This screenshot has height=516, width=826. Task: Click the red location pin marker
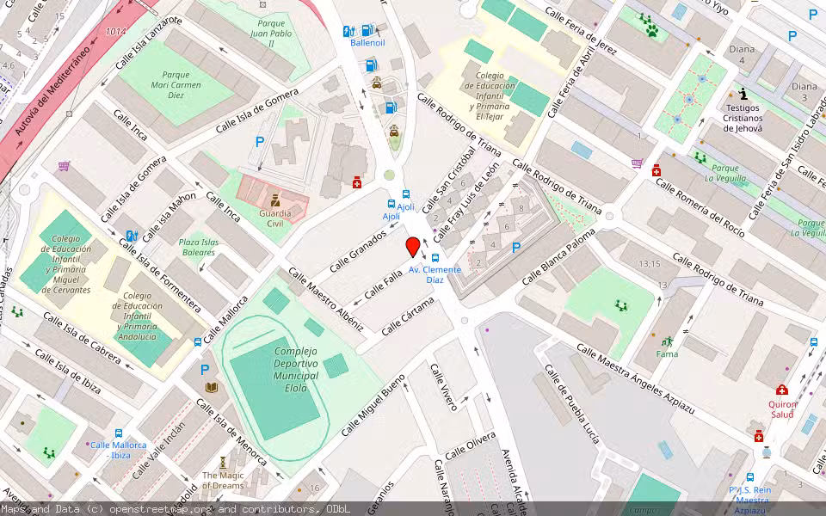(413, 247)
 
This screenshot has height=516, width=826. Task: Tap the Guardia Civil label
(275, 218)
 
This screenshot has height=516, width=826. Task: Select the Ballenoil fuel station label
(367, 42)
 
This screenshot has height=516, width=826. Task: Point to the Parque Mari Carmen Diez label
(176, 85)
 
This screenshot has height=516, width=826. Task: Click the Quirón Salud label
(782, 408)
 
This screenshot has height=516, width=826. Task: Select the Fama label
(667, 353)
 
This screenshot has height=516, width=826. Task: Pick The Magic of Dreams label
(223, 481)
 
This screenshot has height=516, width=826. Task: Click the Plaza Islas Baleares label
(198, 248)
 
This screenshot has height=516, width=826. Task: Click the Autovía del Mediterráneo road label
(52, 93)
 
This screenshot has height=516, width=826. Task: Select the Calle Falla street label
(383, 285)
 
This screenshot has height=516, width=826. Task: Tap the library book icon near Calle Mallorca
(211, 388)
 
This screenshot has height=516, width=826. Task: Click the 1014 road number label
(115, 32)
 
